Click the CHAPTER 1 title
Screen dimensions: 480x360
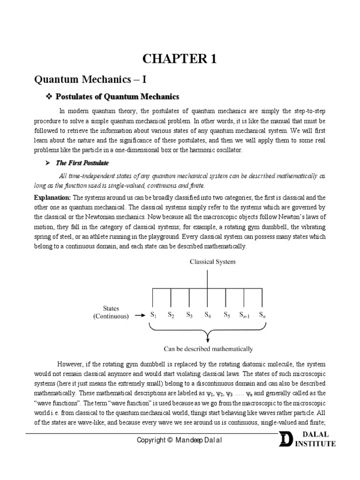click(x=180, y=59)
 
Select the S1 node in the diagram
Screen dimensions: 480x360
click(x=153, y=315)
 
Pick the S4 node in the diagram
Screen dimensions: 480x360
click(x=207, y=315)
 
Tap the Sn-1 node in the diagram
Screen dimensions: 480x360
click(x=245, y=315)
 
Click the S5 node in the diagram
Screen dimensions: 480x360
click(x=226, y=315)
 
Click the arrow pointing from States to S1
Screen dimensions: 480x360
click(x=139, y=315)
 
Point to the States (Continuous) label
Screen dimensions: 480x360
click(x=111, y=312)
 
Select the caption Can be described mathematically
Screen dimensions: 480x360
click(x=208, y=349)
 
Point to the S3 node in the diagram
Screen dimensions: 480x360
click(x=189, y=315)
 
